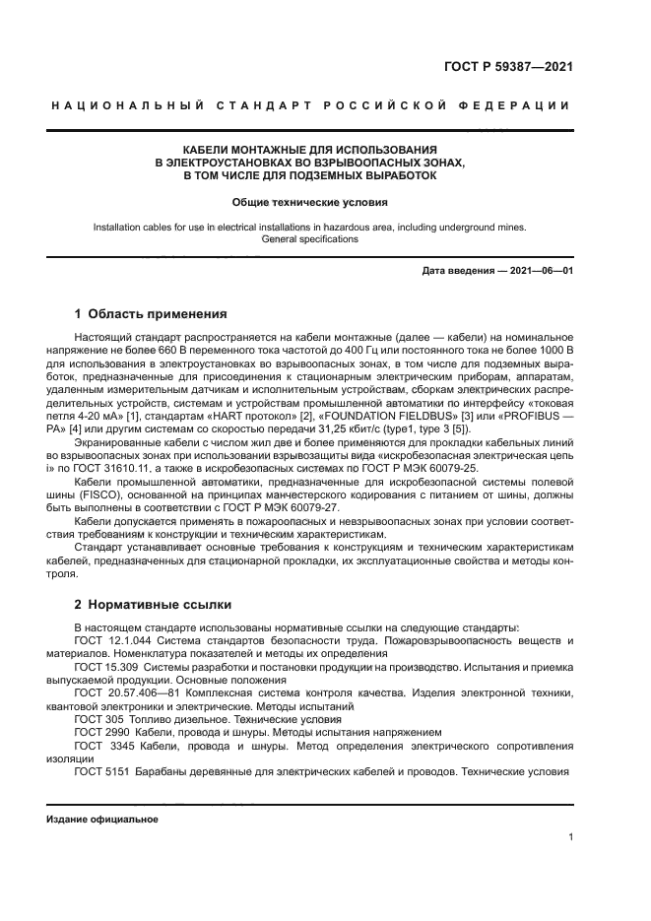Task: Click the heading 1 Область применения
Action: tap(151, 314)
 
